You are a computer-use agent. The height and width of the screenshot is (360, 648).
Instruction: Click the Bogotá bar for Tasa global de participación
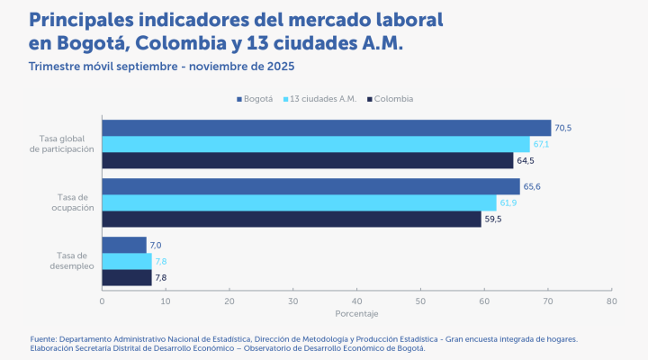(326, 128)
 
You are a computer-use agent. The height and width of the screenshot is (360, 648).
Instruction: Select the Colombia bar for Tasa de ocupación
(292, 220)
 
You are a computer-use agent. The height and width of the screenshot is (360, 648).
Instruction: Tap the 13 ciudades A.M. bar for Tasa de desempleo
(127, 261)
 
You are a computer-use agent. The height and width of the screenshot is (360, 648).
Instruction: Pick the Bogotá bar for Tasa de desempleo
(124, 245)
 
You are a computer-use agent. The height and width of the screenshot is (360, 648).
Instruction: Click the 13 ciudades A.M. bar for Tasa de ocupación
(299, 202)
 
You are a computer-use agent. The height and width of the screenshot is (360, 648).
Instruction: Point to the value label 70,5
(563, 128)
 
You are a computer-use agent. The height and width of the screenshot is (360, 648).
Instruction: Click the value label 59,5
(494, 220)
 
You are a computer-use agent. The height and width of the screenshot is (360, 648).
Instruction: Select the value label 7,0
(156, 245)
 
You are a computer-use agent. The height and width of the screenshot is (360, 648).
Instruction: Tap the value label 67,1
(542, 144)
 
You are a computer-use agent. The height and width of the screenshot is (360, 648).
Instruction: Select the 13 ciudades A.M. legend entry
(323, 99)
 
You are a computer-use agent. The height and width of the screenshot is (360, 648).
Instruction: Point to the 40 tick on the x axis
(356, 301)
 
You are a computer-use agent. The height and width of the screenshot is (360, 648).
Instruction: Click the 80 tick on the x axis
(611, 301)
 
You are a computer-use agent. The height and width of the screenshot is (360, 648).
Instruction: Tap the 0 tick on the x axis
(103, 301)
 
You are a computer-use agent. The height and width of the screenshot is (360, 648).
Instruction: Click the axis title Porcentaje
(356, 314)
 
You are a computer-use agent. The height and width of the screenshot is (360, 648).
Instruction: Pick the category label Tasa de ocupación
(66, 202)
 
